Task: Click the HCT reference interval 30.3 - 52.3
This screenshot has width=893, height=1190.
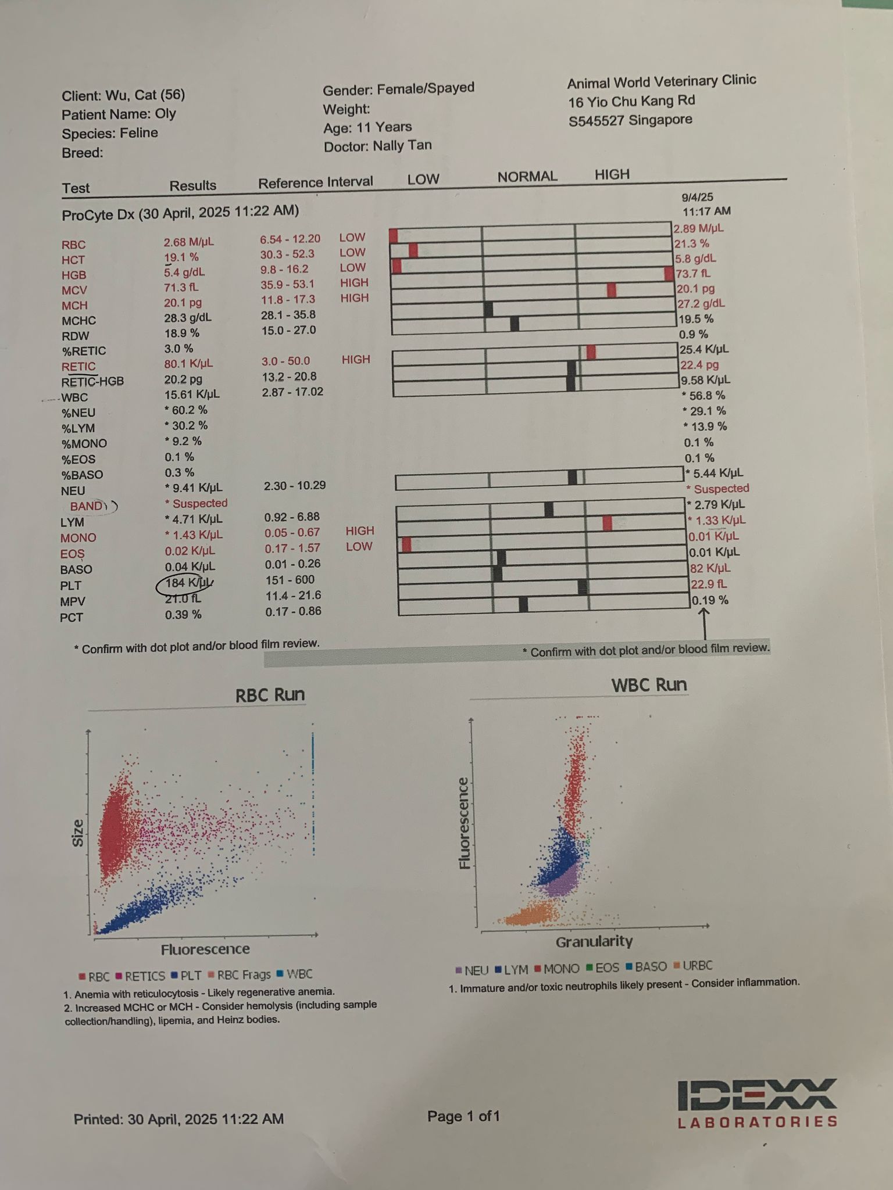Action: coord(287,254)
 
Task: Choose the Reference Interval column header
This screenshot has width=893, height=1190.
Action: coord(315,182)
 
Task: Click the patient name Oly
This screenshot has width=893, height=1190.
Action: coord(165,114)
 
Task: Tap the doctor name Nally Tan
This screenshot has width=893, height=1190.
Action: coord(402,145)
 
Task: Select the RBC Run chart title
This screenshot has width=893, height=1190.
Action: coord(270,695)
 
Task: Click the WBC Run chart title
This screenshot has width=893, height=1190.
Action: coord(649,685)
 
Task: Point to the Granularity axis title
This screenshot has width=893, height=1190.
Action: coord(594,941)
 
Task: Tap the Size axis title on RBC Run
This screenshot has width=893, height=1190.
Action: coord(78,832)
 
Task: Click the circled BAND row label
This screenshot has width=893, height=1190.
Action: coord(87,506)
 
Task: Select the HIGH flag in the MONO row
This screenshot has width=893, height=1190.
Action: coord(360,531)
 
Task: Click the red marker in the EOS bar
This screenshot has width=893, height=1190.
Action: coord(406,545)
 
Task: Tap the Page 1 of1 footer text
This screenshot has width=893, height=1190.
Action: coord(463,1116)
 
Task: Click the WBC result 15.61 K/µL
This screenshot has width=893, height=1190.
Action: coord(192,394)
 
